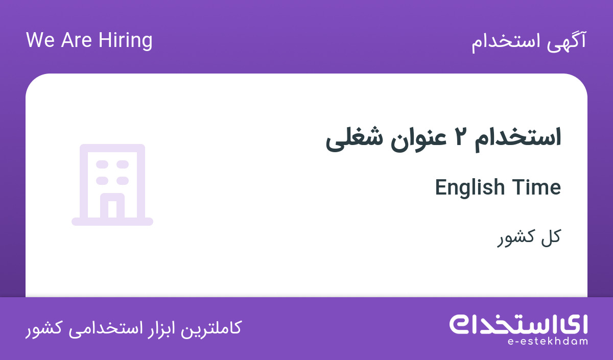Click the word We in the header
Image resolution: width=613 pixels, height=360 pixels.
click(x=40, y=40)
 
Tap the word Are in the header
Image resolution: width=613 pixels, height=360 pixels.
click(x=76, y=40)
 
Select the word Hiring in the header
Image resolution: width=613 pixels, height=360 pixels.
click(x=125, y=41)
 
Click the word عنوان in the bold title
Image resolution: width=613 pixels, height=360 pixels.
click(x=418, y=139)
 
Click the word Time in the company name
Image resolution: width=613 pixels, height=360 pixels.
click(x=536, y=188)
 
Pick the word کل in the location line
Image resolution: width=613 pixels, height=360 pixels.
click(x=551, y=236)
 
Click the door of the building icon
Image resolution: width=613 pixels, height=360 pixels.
click(x=112, y=206)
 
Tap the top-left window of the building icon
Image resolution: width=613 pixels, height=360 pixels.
click(x=102, y=164)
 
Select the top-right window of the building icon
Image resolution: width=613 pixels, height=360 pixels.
click(x=122, y=164)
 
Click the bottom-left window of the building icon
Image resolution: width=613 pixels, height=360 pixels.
click(x=102, y=181)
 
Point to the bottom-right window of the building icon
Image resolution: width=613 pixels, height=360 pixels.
click(x=122, y=181)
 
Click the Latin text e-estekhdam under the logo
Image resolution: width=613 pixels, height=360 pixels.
click(x=547, y=342)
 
